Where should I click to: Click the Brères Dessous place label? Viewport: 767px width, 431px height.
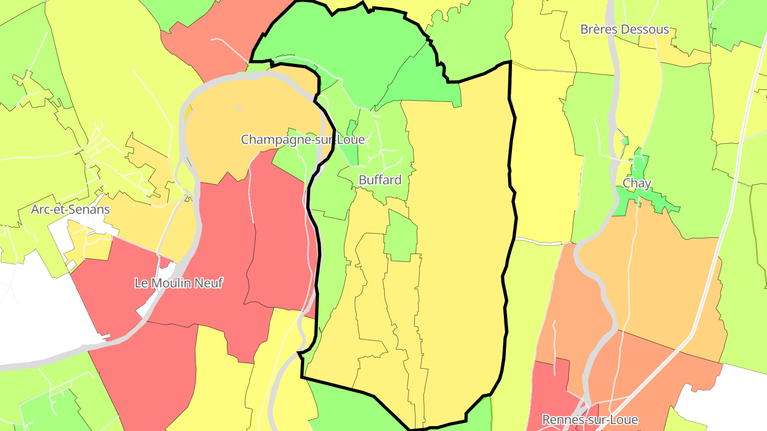(x=624, y=29)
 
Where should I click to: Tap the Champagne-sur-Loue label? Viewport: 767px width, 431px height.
(x=303, y=139)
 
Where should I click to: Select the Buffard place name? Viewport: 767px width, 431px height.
(x=380, y=180)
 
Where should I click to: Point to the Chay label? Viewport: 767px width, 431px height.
(x=637, y=184)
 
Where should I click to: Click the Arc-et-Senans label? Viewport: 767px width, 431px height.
(x=70, y=209)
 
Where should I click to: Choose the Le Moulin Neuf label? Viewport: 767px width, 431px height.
(x=178, y=283)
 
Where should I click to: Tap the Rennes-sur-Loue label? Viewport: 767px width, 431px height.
(x=590, y=420)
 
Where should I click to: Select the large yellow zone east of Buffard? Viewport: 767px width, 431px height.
(x=458, y=239)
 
